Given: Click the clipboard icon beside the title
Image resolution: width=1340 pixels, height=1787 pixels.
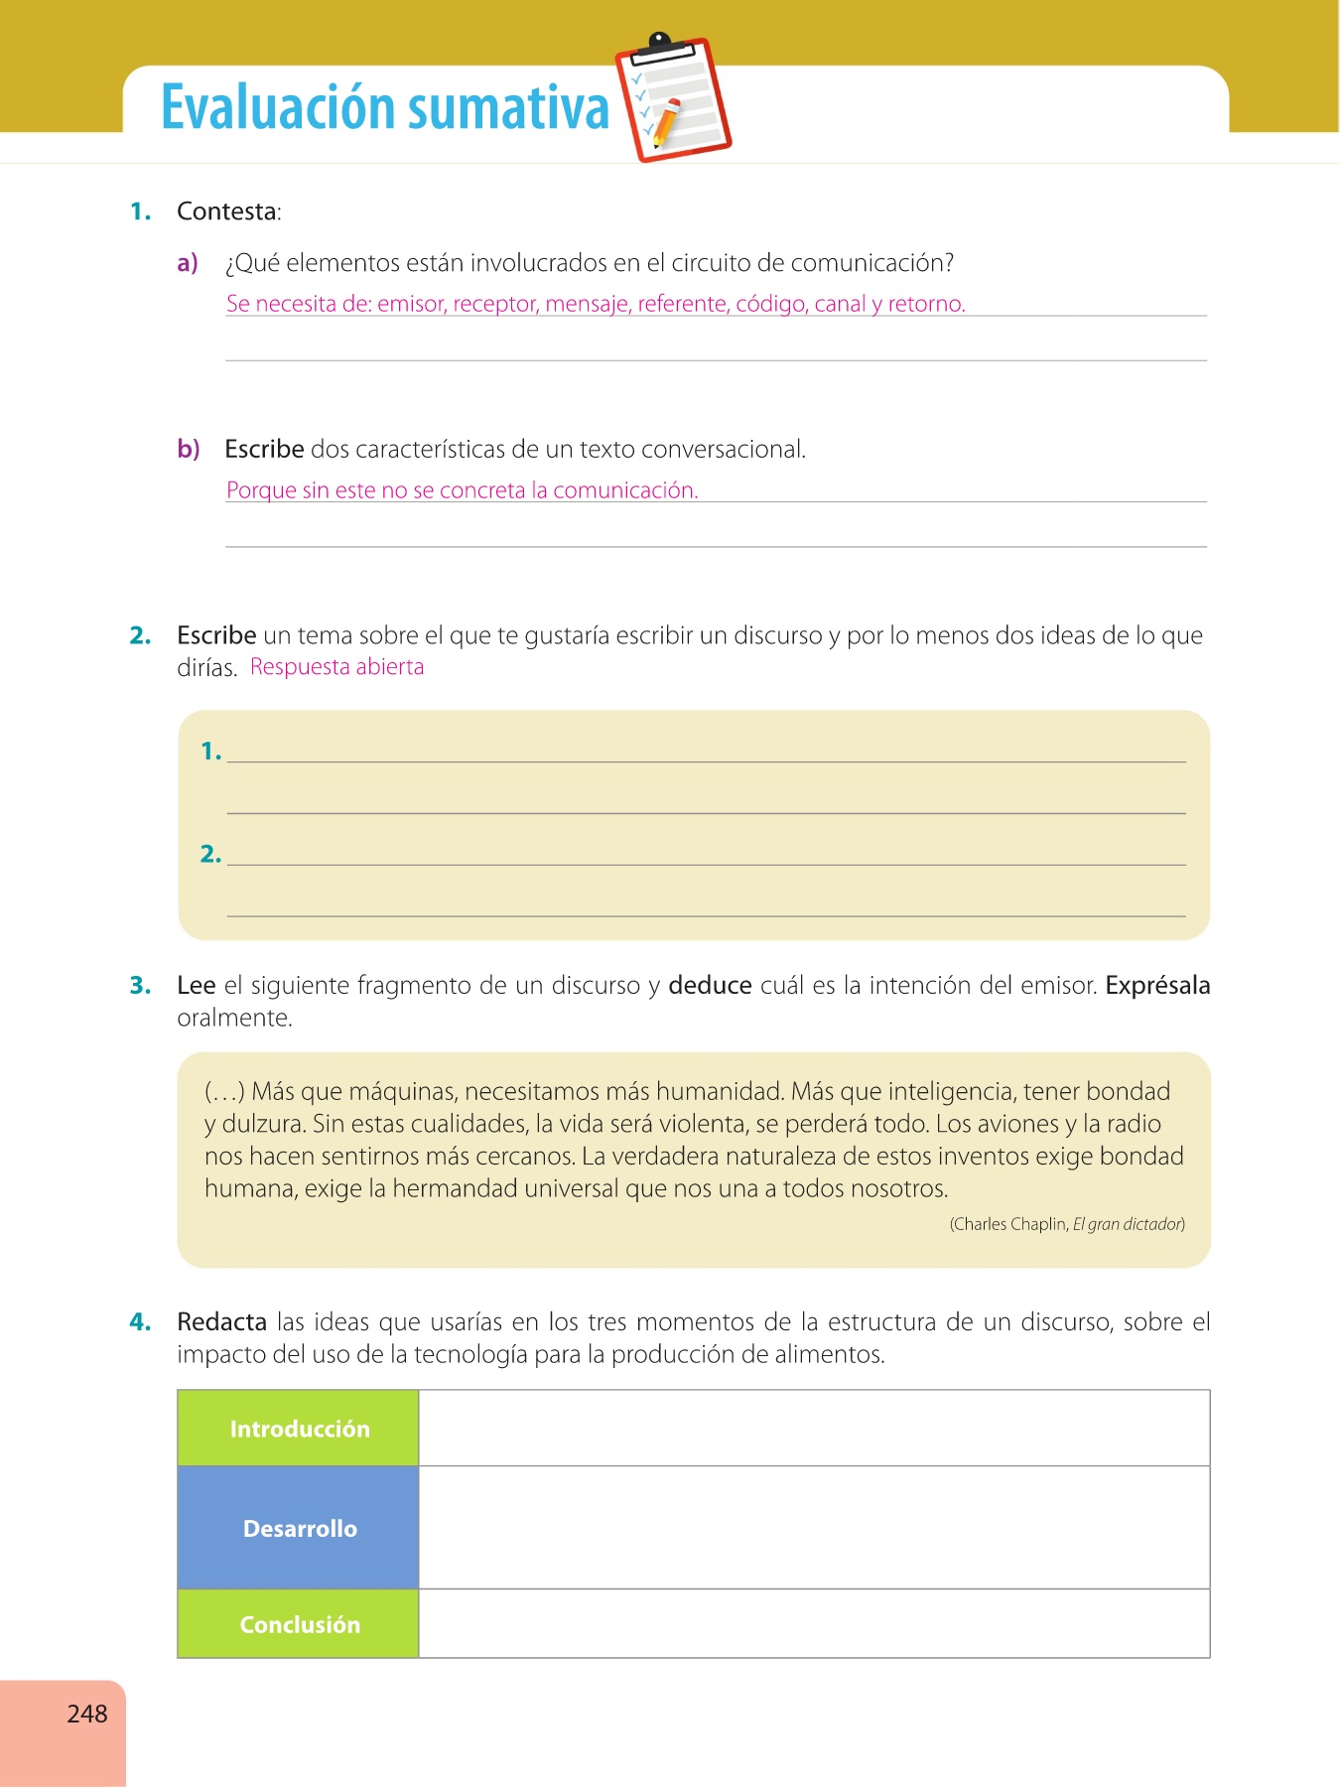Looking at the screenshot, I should (x=673, y=99).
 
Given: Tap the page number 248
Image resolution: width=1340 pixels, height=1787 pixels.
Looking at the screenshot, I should (x=87, y=1714).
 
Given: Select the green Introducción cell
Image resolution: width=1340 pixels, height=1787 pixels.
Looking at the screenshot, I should (x=299, y=1429).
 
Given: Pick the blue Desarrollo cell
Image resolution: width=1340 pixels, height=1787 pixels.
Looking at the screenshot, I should (x=299, y=1528).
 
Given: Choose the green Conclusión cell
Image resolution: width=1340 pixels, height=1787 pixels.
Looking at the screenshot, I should (x=299, y=1624).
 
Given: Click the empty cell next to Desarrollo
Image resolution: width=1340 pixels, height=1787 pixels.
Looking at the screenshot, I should (x=814, y=1528).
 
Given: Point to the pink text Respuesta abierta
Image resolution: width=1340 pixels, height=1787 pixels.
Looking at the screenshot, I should (x=336, y=667).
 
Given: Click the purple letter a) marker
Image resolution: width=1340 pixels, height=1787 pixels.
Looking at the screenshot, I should (x=188, y=263).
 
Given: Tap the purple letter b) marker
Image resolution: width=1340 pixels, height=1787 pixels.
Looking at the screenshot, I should (x=189, y=450).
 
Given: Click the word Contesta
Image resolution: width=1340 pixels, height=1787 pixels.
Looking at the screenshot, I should (x=227, y=211).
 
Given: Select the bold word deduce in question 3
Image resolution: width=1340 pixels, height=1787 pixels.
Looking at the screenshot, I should (x=710, y=986).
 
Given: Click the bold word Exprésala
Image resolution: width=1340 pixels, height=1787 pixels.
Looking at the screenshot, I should (x=1157, y=986).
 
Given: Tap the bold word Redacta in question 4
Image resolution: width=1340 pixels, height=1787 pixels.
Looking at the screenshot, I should (x=221, y=1322).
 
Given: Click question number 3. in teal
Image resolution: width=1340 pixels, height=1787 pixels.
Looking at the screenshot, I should (x=140, y=986).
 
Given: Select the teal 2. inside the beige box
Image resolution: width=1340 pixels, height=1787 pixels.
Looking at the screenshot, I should (x=210, y=854).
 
